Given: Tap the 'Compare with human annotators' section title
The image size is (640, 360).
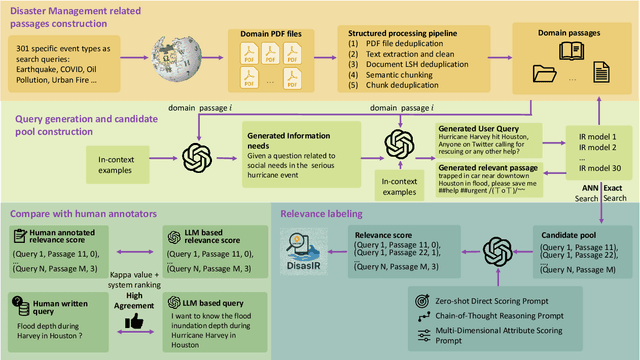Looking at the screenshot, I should click(82, 212).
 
